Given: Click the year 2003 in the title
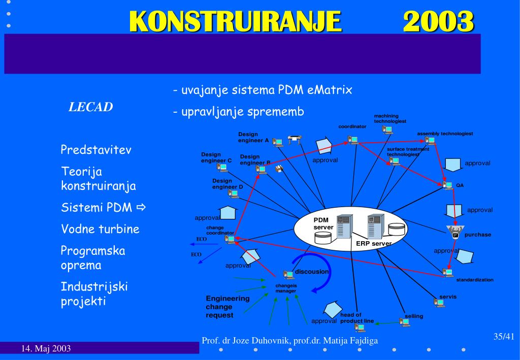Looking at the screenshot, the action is (x=439, y=22).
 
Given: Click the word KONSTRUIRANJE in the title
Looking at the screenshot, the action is (x=235, y=22).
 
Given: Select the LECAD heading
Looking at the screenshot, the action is (x=91, y=107).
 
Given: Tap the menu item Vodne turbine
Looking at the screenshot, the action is (x=100, y=229).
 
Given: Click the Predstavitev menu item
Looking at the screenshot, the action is (x=96, y=150).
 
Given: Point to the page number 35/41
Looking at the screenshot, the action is (x=504, y=337).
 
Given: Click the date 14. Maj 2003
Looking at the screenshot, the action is (x=46, y=348).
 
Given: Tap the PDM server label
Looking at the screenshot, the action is (x=323, y=223).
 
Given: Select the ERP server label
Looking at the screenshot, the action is (x=373, y=244).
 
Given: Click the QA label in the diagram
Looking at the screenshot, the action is (x=460, y=185).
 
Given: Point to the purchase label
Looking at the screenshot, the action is (x=478, y=235).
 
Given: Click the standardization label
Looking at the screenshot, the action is (x=474, y=280).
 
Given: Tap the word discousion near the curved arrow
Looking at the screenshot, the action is (x=312, y=272).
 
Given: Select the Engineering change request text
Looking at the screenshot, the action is (x=227, y=307).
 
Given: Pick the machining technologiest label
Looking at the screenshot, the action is (x=390, y=119).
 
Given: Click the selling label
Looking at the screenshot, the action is (x=414, y=316).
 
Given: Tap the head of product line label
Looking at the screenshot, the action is (x=356, y=318).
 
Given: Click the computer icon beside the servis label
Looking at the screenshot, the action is (x=439, y=303).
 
